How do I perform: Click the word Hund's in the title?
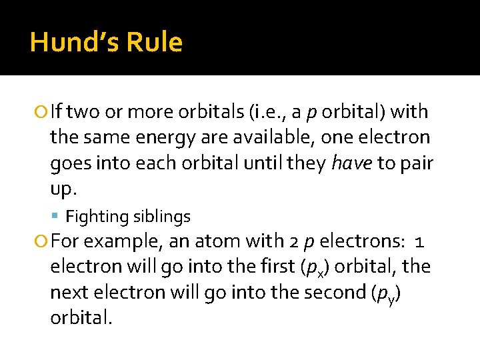point(73,43)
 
